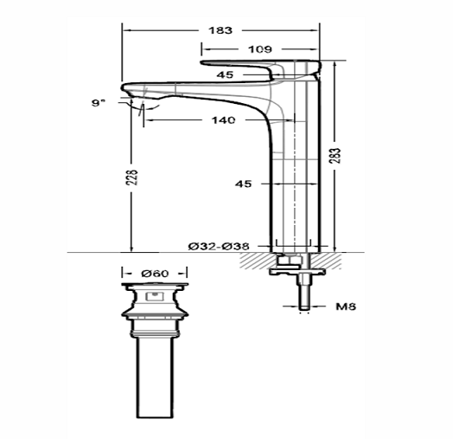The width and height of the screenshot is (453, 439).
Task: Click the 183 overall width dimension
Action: pyautogui.click(x=220, y=30)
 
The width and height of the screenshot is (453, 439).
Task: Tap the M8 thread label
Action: pyautogui.click(x=345, y=306)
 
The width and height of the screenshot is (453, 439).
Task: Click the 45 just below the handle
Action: pyautogui.click(x=226, y=75)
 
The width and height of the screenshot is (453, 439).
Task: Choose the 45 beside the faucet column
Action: pyautogui.click(x=245, y=184)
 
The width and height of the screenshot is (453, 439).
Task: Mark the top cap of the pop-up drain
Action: pyautogui.click(x=155, y=285)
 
